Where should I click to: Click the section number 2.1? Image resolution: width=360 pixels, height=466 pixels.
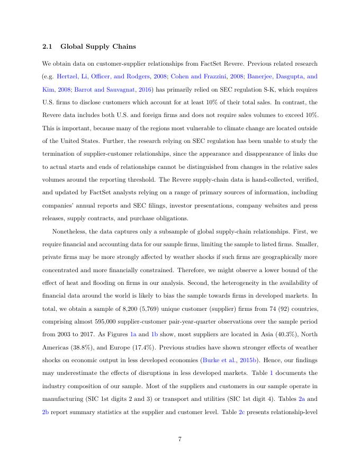click(x=48, y=46)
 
